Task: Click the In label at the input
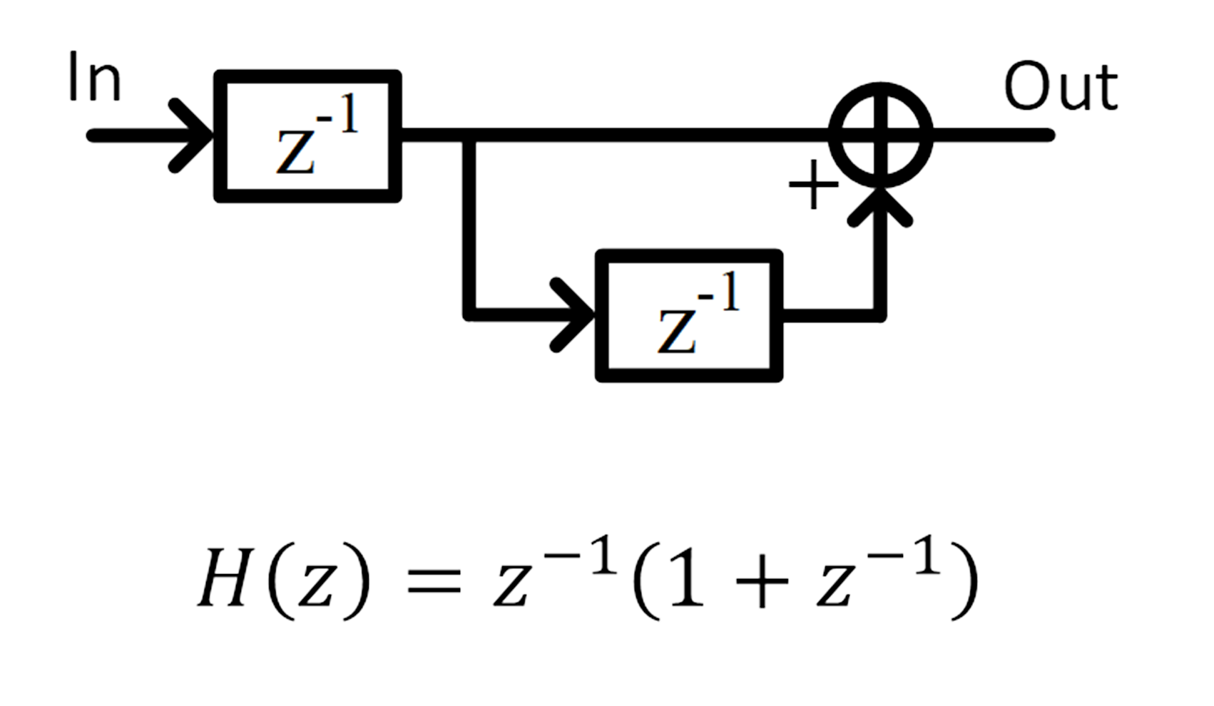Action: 94,78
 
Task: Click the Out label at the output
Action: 1060,87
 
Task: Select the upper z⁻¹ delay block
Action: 308,135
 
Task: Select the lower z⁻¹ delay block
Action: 689,315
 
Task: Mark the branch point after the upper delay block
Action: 469,135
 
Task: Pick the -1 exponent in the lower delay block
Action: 719,294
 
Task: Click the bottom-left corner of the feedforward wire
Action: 469,314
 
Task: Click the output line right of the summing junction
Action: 991,135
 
